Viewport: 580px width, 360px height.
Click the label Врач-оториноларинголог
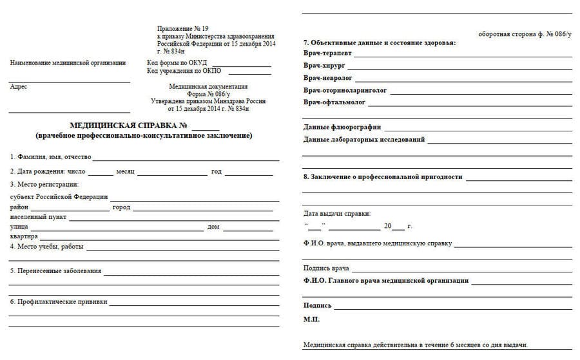(345, 90)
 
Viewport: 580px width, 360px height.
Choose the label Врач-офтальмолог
(334, 102)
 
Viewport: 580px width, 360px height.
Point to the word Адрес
(19, 87)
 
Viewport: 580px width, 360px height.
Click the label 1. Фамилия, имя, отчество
(51, 156)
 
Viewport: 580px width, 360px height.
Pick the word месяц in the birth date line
(125, 171)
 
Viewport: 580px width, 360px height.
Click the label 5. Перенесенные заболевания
(56, 270)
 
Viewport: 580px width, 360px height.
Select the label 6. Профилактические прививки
(59, 301)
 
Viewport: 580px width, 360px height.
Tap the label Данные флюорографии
(342, 127)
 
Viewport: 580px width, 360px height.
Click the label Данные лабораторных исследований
(364, 139)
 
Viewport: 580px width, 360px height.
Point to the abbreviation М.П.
(311, 319)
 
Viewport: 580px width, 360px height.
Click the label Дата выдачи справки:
(337, 213)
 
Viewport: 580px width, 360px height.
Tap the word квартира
(24, 236)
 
